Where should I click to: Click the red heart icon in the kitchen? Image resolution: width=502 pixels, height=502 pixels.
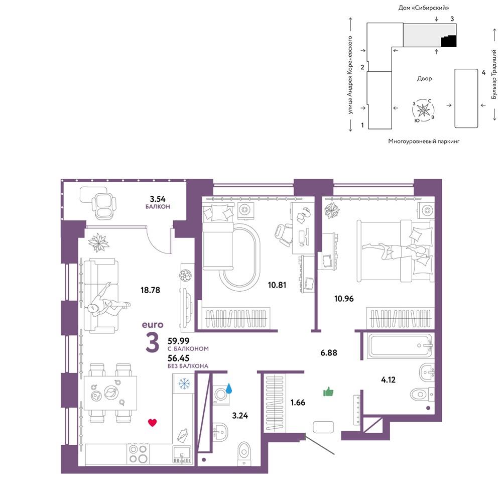153,423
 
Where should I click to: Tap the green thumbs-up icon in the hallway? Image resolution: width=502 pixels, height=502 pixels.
328,391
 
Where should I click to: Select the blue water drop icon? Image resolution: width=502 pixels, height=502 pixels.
229,389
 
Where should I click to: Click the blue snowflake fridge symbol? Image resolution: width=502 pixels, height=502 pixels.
184,383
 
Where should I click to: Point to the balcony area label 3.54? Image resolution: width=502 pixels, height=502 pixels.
158,199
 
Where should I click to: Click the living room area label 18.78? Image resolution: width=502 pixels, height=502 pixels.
150,290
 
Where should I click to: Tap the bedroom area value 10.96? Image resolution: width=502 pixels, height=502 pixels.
344,299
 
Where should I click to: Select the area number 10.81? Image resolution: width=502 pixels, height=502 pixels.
277,285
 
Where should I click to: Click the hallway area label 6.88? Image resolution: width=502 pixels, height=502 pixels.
329,353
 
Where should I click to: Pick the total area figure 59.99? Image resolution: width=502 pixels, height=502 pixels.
178,341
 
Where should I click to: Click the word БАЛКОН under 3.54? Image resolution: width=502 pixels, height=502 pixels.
158,207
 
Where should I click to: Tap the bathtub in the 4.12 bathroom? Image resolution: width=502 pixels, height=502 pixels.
400,346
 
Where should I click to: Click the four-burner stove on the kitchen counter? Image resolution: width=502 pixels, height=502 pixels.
138,454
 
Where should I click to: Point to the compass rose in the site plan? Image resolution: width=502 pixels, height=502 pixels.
423,110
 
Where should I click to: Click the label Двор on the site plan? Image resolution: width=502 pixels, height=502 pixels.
425,78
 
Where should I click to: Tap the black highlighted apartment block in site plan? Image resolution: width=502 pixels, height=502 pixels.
449,41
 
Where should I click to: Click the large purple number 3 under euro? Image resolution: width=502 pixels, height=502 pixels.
153,342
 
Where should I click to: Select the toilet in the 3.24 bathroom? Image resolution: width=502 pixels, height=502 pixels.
244,453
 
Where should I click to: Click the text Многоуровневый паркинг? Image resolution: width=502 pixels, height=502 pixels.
424,141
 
